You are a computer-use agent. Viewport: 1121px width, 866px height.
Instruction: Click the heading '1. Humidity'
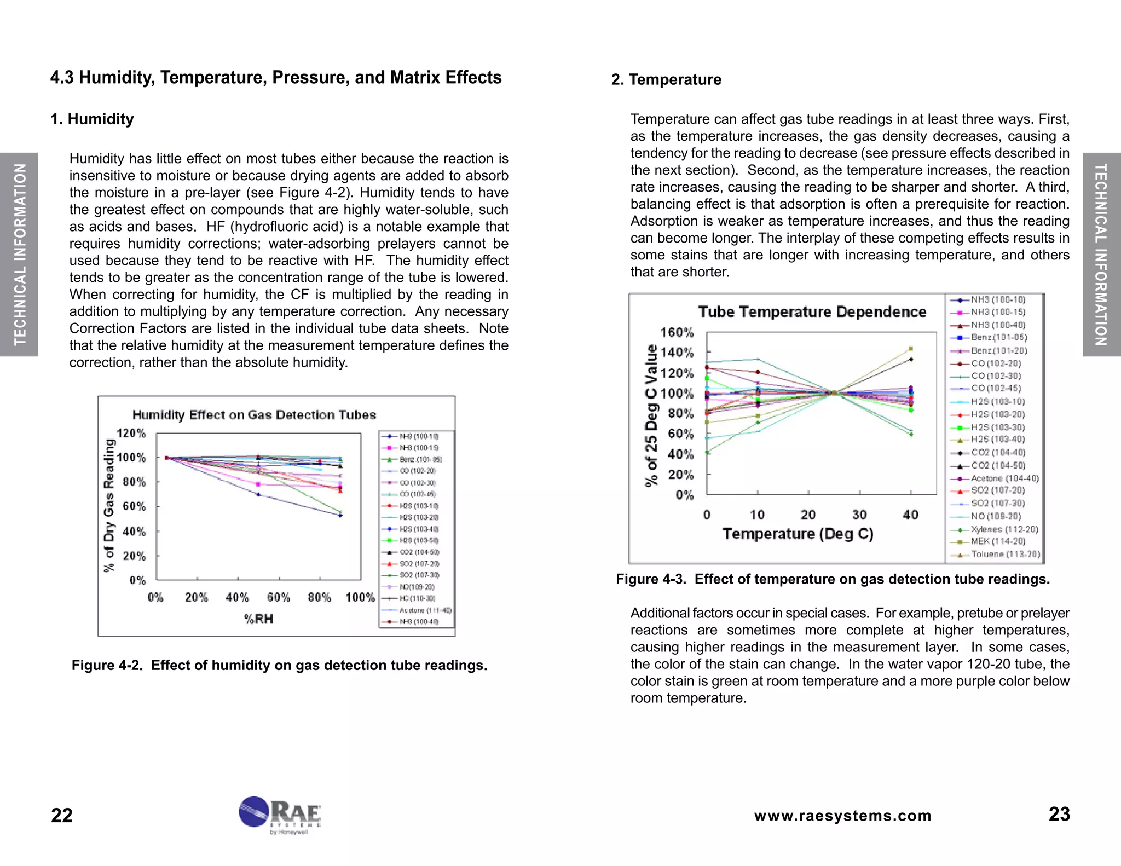[x=92, y=119]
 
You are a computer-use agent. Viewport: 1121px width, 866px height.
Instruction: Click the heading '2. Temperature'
[x=666, y=80]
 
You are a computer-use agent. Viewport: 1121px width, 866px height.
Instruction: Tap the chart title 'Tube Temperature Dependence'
[x=812, y=312]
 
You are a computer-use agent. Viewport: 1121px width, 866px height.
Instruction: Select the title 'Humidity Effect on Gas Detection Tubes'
[x=254, y=415]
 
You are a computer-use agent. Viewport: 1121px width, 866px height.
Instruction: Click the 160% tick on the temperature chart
[x=677, y=333]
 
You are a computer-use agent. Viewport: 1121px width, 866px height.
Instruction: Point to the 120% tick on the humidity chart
[x=131, y=434]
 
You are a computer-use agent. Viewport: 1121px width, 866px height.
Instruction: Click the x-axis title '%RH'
[x=258, y=619]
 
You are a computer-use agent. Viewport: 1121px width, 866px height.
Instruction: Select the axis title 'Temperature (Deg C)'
[x=798, y=534]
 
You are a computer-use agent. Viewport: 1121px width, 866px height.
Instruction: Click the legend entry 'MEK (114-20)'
[x=997, y=541]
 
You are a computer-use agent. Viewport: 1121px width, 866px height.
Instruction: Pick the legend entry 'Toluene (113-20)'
[x=1005, y=555]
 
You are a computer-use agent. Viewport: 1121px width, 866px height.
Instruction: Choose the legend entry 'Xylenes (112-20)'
[x=1004, y=529]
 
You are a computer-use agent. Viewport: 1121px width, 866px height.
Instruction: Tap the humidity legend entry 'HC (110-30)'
[x=417, y=598]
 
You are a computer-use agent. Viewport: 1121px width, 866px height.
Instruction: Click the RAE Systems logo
[x=280, y=814]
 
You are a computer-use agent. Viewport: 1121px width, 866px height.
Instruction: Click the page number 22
[x=61, y=816]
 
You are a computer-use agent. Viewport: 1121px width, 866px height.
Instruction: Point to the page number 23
[x=1059, y=815]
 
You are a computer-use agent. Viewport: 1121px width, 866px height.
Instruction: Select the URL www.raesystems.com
[x=842, y=816]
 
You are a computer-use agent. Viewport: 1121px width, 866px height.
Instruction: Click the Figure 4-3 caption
[x=833, y=579]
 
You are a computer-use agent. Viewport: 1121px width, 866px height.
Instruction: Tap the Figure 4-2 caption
[x=279, y=665]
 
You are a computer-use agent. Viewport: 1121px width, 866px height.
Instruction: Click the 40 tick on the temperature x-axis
[x=910, y=515]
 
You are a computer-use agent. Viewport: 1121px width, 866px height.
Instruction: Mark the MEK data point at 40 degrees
[x=911, y=349]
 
